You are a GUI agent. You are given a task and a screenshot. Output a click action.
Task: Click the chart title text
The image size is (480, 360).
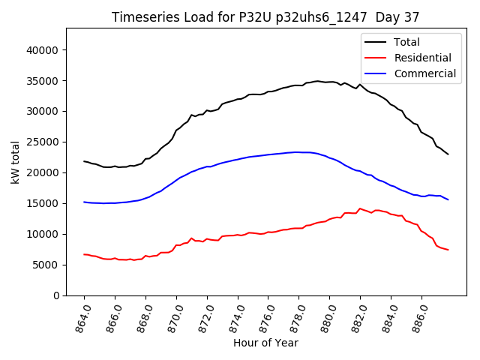click(265, 17)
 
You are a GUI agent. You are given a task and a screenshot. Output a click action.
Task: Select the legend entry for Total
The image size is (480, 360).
click(406, 42)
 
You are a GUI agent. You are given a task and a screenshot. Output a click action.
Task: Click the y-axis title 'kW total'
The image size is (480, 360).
click(16, 161)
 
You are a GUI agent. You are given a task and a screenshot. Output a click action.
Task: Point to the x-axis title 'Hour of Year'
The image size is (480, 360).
click(265, 343)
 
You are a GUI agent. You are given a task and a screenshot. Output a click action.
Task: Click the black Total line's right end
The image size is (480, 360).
click(448, 154)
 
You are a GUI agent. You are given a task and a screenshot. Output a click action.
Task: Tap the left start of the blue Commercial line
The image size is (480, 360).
click(84, 202)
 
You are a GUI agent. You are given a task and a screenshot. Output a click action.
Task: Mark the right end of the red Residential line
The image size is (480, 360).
click(448, 250)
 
